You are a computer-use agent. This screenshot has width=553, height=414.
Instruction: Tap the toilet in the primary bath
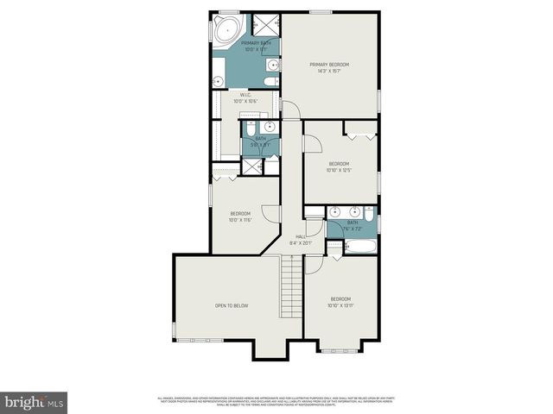click(270, 82)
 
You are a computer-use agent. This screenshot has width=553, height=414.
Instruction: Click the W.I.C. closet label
click(246, 97)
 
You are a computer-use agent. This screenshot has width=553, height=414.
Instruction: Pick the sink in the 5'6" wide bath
click(270, 127)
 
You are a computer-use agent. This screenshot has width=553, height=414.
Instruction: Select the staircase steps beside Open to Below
click(291, 289)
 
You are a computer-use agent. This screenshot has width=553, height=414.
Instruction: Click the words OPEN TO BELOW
click(232, 305)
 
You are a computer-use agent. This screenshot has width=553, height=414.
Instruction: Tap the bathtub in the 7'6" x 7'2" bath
click(356, 247)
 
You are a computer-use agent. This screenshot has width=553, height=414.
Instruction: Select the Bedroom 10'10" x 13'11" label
click(340, 302)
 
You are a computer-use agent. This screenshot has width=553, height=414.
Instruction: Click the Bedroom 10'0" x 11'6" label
click(239, 216)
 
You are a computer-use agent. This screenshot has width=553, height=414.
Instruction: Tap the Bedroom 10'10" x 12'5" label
click(339, 166)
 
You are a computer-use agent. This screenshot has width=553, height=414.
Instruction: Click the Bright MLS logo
click(35, 402)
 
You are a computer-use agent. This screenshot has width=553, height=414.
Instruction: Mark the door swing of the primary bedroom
click(290, 110)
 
